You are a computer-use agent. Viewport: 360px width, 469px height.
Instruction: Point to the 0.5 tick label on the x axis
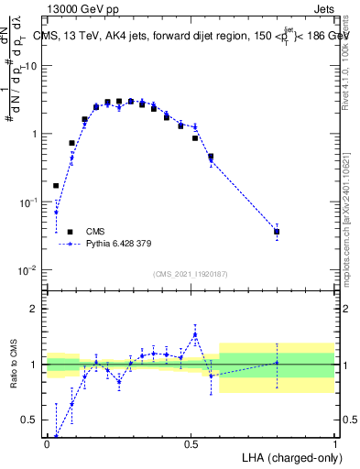tap(191, 442)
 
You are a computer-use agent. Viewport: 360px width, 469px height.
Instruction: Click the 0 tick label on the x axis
tap(47, 442)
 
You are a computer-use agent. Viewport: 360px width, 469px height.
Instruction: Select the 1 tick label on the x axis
tap(334, 442)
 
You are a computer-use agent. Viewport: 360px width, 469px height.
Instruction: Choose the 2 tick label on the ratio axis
tap(35, 309)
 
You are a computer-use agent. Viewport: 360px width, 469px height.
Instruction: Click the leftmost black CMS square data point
tap(56, 185)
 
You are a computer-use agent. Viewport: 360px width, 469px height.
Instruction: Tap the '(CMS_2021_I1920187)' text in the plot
tap(191, 274)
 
